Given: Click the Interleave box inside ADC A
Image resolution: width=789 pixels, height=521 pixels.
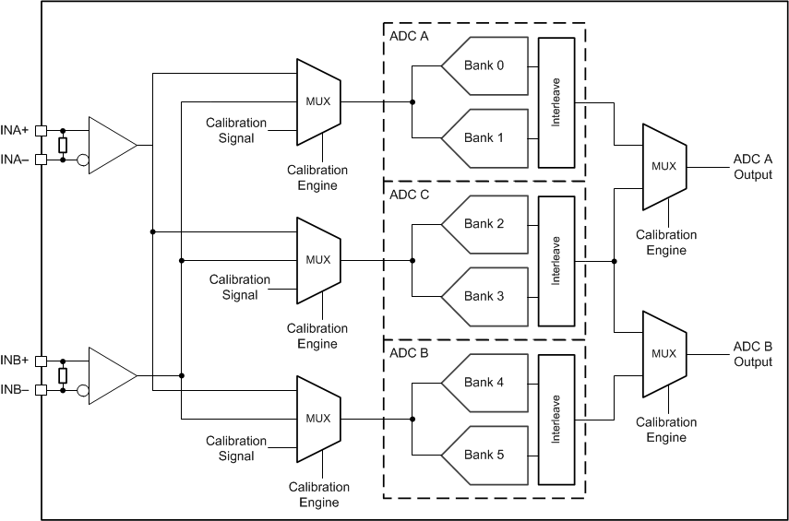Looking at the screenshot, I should (556, 102).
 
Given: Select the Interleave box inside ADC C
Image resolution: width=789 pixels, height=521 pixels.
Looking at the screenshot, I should (556, 260).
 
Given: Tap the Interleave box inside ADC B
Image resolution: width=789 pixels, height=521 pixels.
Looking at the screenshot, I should (556, 419).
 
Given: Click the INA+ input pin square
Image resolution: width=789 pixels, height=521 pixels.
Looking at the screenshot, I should (41, 131).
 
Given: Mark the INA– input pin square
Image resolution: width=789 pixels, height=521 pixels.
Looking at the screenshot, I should (41, 160).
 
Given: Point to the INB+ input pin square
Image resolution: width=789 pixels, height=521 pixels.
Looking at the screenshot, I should (41, 361).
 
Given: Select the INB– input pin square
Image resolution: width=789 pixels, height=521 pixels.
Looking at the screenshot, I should (41, 390).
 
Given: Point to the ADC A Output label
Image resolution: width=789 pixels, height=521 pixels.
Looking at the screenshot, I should (752, 166).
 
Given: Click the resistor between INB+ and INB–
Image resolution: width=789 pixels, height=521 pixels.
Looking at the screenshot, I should (63, 375).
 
